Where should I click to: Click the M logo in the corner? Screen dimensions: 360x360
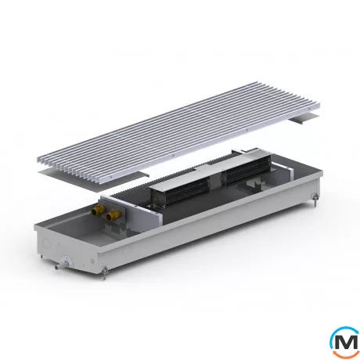pyautogui.click(x=345, y=342)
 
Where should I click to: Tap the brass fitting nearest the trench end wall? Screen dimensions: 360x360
pyautogui.click(x=99, y=209)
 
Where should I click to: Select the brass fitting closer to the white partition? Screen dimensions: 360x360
pyautogui.click(x=113, y=214)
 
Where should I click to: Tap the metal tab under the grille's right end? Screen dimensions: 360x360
pyautogui.click(x=304, y=119)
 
